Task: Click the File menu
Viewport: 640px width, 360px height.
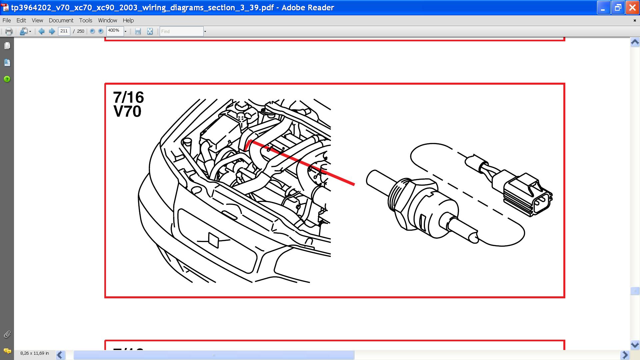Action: coord(7,20)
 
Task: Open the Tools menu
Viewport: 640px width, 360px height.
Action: coord(86,20)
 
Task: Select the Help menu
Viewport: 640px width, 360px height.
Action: coord(128,20)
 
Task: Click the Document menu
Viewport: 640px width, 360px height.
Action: coord(61,20)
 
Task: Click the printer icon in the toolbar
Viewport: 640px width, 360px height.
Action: coord(9,31)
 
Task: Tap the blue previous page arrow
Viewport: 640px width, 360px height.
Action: coord(42,31)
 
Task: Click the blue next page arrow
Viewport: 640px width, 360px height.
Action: coord(52,31)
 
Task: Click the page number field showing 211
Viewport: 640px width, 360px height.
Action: coord(64,31)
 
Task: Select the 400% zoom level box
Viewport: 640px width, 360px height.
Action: coord(115,31)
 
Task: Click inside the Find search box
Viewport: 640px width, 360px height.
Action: coord(182,31)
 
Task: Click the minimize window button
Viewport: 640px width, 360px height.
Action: coord(603,8)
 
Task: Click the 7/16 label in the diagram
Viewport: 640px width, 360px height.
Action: coord(128,97)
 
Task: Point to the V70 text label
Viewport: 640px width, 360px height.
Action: coord(127,111)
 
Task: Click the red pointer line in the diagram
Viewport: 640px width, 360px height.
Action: coord(300,162)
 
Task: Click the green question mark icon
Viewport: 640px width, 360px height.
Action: coord(7,79)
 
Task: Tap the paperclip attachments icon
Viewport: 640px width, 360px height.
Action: coord(7,334)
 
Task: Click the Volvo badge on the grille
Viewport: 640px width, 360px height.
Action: coord(213,240)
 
